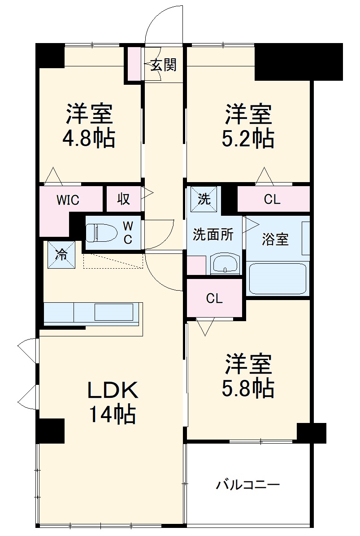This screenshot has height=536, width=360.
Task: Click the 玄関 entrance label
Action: click(x=163, y=65)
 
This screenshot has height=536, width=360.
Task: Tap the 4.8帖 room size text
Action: click(x=89, y=139)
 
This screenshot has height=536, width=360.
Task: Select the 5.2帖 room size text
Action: click(x=248, y=139)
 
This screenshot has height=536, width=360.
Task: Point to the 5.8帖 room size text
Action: click(x=248, y=388)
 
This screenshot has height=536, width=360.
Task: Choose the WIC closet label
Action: click(x=68, y=200)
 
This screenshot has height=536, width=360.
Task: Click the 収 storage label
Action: click(x=124, y=199)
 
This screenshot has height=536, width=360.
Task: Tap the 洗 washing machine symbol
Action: click(x=204, y=199)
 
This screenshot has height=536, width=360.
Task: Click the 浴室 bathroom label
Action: click(x=275, y=240)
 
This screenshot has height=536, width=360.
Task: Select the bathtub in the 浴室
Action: click(x=277, y=279)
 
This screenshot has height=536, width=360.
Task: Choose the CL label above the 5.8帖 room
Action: click(x=214, y=298)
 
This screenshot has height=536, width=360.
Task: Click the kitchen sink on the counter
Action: click(x=114, y=312)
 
